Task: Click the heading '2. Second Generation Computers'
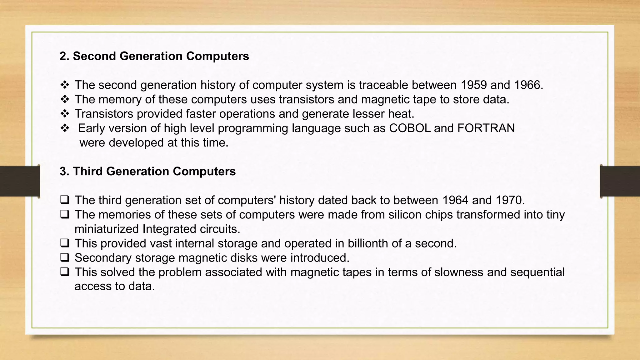(154, 56)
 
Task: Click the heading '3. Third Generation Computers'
(147, 171)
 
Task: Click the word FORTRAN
(486, 128)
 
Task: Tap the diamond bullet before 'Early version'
(65, 128)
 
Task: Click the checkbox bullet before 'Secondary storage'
(65, 257)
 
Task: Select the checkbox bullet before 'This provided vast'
(65, 243)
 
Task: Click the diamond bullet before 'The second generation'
(65, 85)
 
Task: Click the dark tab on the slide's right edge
(620, 181)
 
